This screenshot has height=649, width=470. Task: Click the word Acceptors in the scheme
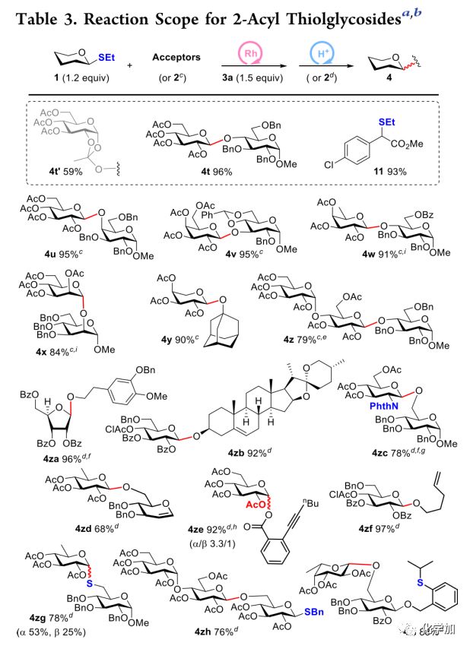click(x=176, y=57)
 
